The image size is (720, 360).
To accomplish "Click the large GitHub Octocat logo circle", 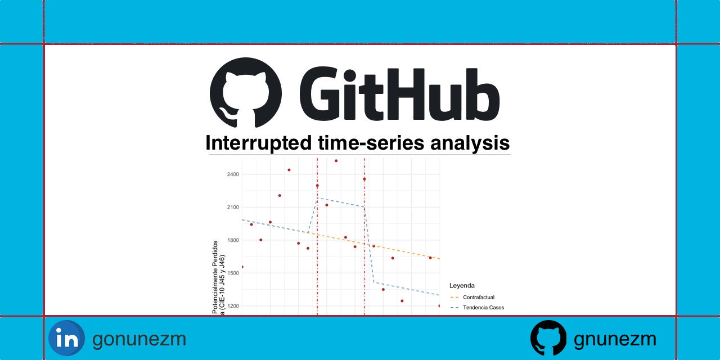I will [x=245, y=92].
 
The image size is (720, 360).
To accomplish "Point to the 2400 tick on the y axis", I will [x=233, y=174].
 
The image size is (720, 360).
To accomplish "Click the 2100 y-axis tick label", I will [x=233, y=207].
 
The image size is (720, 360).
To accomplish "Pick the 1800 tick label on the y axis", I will [x=233, y=240].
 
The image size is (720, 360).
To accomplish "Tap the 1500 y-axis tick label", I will [x=233, y=273].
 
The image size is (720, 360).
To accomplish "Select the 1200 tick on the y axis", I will [x=233, y=306].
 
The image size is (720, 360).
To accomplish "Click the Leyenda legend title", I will [x=462, y=285].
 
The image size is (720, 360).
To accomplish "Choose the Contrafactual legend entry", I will [x=478, y=297].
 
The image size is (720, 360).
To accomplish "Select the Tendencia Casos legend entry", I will [x=483, y=308].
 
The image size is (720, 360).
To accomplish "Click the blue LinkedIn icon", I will [x=66, y=338].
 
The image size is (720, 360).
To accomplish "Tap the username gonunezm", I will [x=139, y=339].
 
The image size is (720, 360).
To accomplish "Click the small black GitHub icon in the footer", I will [x=548, y=338].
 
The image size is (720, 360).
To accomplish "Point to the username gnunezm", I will [x=615, y=339].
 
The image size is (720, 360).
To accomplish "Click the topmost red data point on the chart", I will [x=336, y=161].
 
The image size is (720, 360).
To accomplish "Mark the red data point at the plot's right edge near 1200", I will [x=439, y=306].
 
